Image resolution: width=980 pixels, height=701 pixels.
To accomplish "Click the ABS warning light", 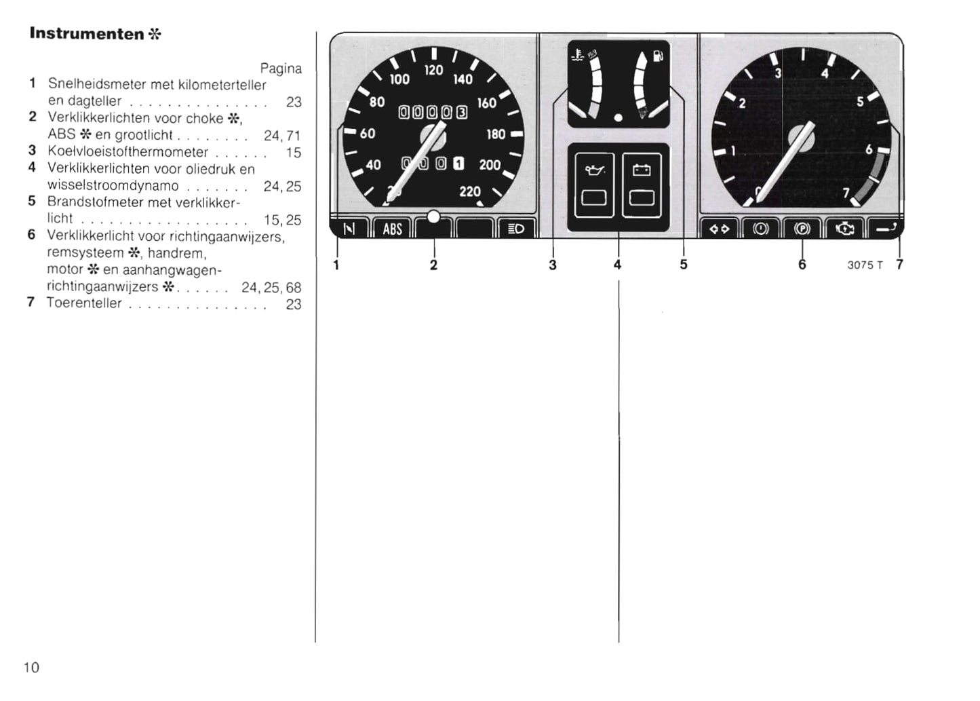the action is click(392, 229).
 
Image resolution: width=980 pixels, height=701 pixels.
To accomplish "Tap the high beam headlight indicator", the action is click(516, 229).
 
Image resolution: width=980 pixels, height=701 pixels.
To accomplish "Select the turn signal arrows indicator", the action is click(719, 229).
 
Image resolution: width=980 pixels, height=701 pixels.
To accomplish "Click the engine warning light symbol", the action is click(844, 229).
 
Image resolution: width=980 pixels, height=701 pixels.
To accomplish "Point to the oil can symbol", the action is click(594, 170).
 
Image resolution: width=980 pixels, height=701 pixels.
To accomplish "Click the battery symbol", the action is click(642, 170).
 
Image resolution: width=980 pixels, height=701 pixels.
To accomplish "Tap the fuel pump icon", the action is click(658, 56).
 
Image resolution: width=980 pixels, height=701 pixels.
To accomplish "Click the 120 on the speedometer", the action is click(433, 70).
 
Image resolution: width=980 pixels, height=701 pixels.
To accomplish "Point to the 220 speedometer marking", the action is click(470, 191).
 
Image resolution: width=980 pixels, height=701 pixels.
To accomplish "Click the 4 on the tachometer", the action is click(825, 73).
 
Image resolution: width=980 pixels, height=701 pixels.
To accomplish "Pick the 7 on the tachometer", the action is click(846, 193).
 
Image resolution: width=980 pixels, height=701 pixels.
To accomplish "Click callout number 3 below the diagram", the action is click(553, 265).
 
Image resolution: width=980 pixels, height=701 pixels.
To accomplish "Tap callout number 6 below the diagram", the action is click(802, 265).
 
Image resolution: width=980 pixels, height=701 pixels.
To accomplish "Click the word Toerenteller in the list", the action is click(84, 303).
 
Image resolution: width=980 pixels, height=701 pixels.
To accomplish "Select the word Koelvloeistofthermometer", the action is click(128, 151).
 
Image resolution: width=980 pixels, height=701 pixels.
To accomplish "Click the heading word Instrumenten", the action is click(87, 34).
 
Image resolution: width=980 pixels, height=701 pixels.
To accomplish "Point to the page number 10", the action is click(31, 667).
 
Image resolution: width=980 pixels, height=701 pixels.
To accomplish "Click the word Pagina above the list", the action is click(281, 69).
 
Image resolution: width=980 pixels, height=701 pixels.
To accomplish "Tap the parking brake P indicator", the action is click(802, 229).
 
